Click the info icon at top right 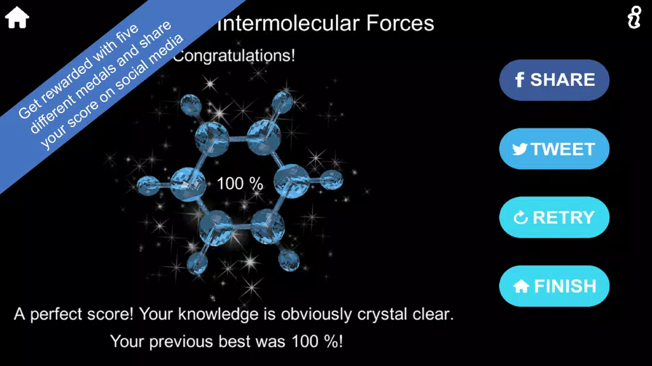[x=634, y=18]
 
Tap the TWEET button [x=554, y=149]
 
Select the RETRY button [x=554, y=217]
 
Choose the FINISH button [x=554, y=286]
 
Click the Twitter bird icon [x=520, y=149]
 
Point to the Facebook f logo [x=520, y=80]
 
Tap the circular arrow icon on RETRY [x=521, y=218]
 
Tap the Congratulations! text [x=234, y=56]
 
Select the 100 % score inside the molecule [x=240, y=184]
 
